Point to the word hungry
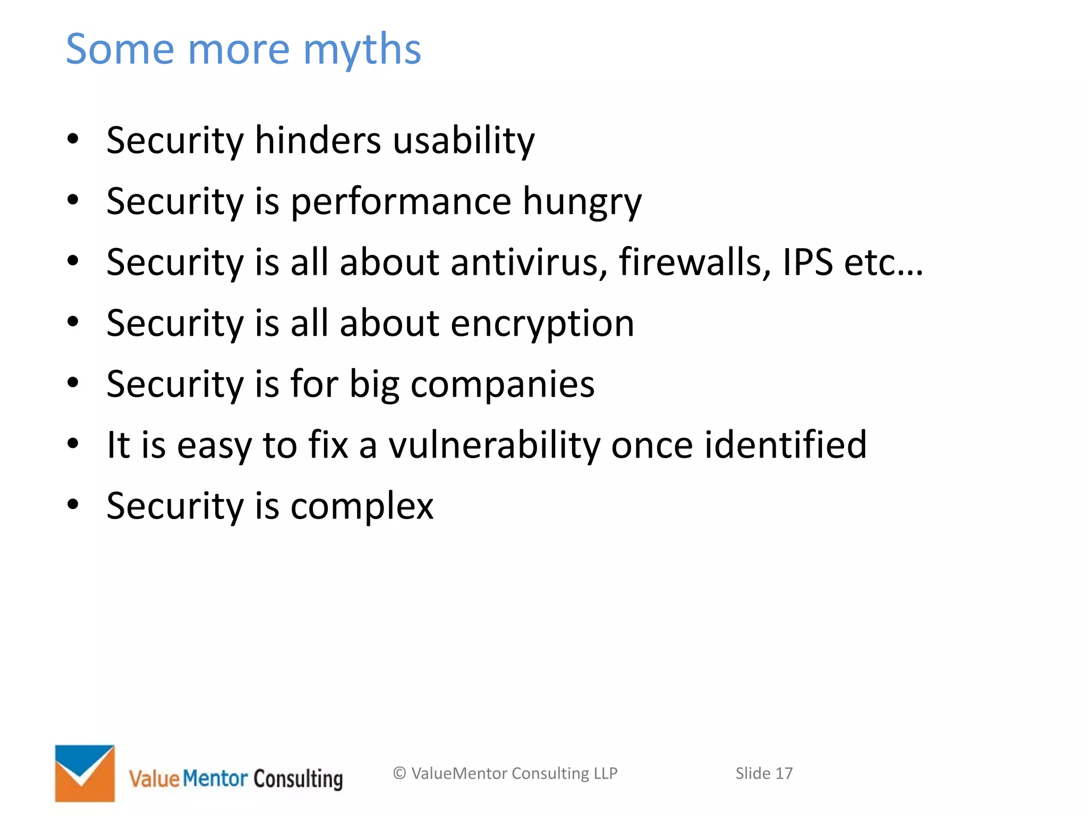click(x=582, y=202)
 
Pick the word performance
click(x=401, y=202)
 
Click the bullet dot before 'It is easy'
click(x=73, y=443)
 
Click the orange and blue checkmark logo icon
click(x=85, y=773)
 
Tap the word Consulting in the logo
click(x=298, y=779)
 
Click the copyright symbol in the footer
click(x=399, y=773)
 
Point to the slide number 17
click(x=784, y=773)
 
